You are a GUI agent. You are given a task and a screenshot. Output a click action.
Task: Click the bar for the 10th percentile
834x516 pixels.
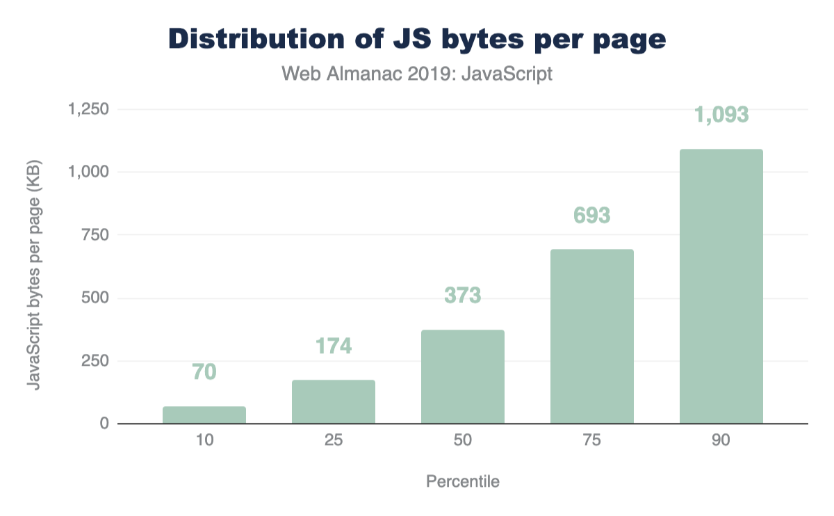(204, 415)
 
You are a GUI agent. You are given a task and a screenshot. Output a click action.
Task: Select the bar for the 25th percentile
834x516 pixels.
(334, 402)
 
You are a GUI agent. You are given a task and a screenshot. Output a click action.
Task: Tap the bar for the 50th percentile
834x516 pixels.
(463, 377)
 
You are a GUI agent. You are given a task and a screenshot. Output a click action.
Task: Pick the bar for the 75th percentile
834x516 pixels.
(592, 337)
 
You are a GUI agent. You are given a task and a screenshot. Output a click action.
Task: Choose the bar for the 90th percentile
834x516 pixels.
(721, 287)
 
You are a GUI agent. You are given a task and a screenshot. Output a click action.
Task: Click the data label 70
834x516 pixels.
(204, 372)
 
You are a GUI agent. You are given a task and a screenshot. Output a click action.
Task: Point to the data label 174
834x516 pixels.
(334, 346)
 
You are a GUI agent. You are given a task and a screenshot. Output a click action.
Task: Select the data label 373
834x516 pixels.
(463, 296)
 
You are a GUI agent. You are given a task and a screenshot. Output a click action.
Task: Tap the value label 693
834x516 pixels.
(592, 215)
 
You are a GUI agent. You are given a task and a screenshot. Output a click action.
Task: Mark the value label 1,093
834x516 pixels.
(721, 115)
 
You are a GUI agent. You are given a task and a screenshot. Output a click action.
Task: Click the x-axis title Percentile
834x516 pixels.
(463, 481)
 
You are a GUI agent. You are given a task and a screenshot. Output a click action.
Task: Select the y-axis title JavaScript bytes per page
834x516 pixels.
(33, 266)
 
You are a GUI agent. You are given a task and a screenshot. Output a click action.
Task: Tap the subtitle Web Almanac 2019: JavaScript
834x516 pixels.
(417, 74)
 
